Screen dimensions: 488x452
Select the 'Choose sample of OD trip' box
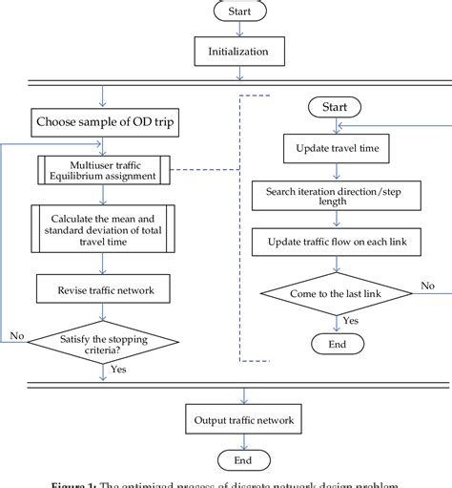coord(101,121)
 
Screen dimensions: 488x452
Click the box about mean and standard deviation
coord(101,229)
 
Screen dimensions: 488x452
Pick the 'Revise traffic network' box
coord(101,286)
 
